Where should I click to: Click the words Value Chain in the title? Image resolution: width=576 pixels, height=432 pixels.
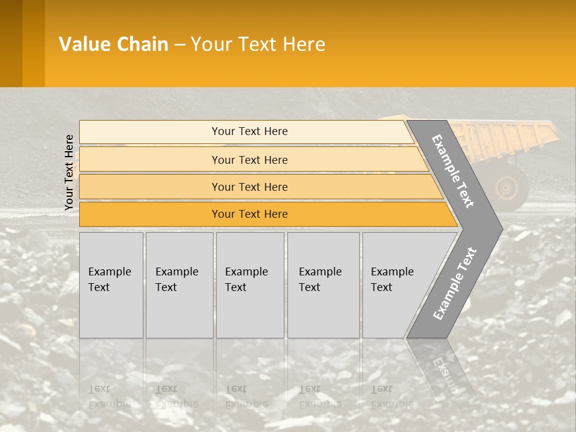(x=113, y=44)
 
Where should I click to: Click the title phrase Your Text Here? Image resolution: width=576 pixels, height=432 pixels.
(x=258, y=44)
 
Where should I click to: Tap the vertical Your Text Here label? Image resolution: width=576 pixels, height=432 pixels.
(x=69, y=172)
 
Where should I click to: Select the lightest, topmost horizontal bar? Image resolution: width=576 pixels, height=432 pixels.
(x=249, y=131)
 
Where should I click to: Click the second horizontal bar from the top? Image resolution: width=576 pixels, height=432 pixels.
(x=249, y=160)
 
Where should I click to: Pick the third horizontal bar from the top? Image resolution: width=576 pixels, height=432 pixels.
(x=249, y=187)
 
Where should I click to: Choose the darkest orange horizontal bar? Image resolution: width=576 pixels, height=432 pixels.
(x=249, y=214)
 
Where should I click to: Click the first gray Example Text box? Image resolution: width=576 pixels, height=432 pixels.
(x=111, y=285)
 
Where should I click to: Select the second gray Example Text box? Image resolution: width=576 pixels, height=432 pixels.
(x=179, y=285)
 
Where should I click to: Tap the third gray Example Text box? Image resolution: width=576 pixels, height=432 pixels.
(x=250, y=285)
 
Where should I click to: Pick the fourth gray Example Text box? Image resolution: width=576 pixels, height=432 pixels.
(x=323, y=285)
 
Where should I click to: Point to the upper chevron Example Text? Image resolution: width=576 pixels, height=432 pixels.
(x=453, y=170)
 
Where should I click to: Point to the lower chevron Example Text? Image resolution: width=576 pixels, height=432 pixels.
(x=454, y=283)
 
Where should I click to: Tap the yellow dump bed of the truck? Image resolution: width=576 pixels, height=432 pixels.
(x=510, y=137)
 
